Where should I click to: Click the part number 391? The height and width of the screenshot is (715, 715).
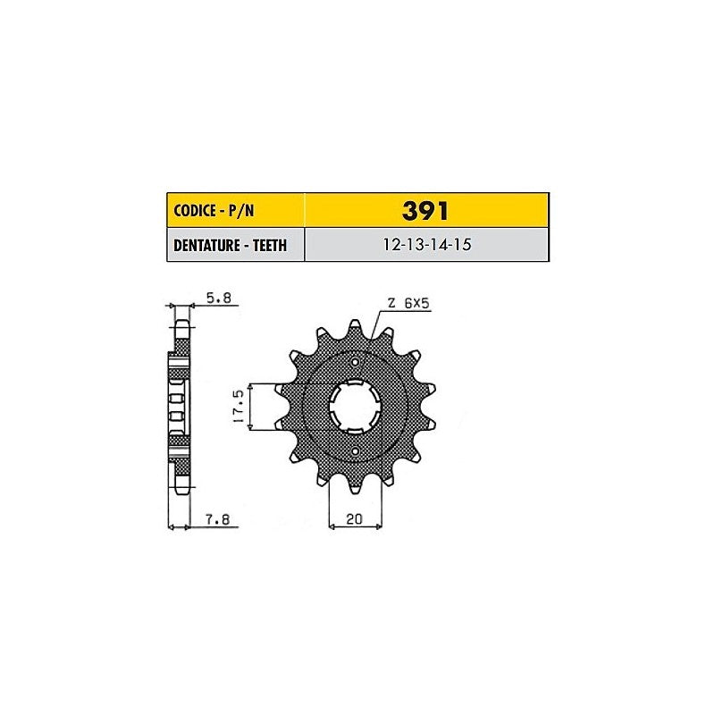pos(425,211)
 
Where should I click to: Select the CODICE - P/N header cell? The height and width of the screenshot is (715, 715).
pos(236,210)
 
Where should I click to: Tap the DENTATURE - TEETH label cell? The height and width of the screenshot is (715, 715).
pos(236,245)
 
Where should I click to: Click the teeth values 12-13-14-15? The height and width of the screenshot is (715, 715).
pos(427,245)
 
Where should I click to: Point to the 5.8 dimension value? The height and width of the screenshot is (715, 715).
pos(219,299)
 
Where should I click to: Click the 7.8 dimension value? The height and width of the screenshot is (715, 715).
pos(217,519)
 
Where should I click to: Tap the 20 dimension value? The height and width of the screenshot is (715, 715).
pos(354,519)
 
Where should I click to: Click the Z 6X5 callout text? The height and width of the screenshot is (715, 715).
pos(408,303)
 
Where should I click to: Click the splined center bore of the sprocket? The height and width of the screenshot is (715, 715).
pos(355,407)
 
